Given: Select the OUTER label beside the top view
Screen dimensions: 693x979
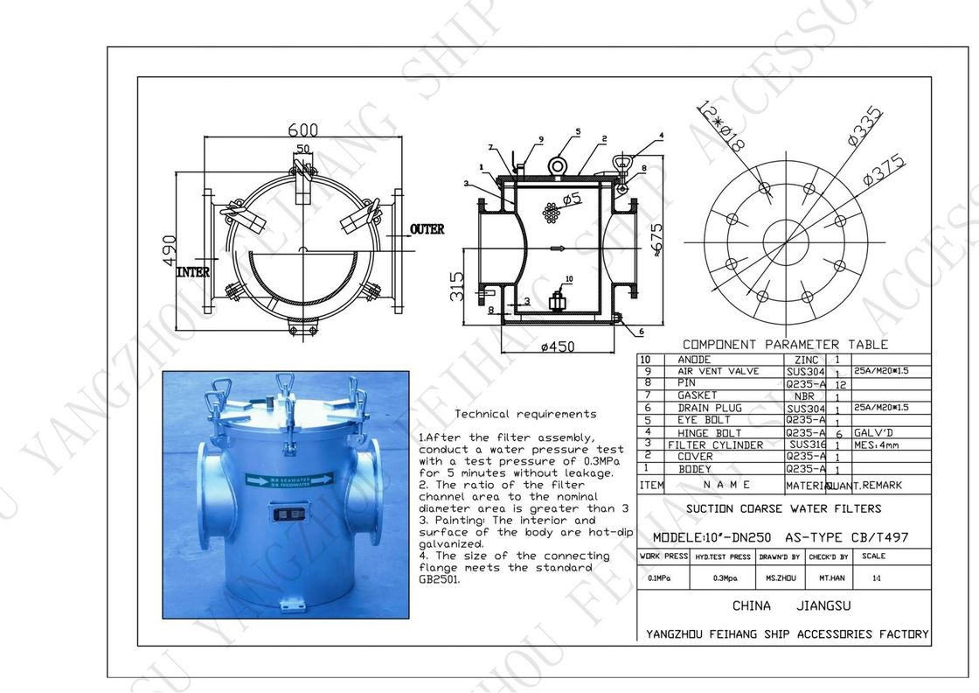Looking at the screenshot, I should pyautogui.click(x=427, y=229).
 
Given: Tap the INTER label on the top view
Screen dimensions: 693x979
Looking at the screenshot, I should pyautogui.click(x=193, y=272).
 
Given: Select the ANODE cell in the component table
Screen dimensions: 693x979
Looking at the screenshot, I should pyautogui.click(x=695, y=360).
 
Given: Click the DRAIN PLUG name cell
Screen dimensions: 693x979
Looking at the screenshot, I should pyautogui.click(x=710, y=408).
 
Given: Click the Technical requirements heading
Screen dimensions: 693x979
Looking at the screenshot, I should pyautogui.click(x=526, y=414).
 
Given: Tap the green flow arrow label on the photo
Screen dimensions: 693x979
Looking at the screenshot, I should pyautogui.click(x=289, y=479).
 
